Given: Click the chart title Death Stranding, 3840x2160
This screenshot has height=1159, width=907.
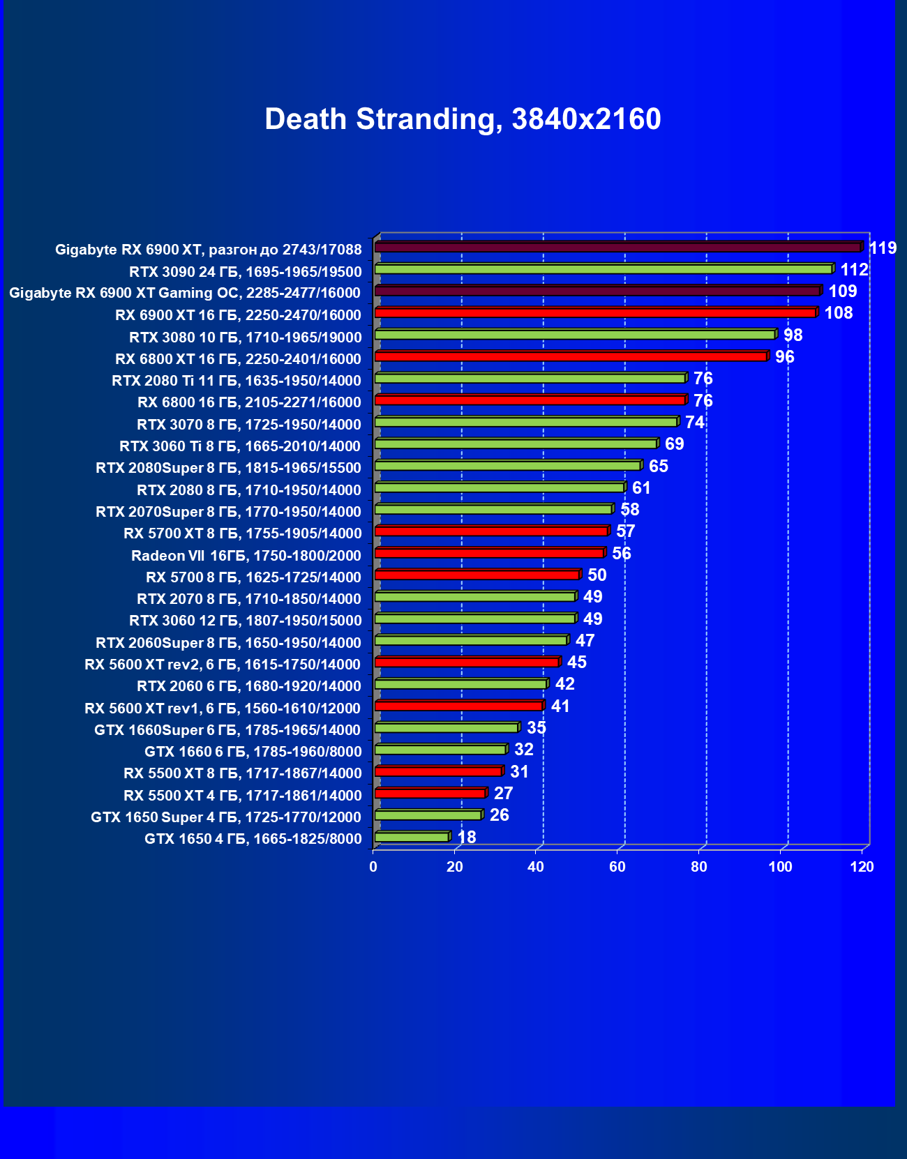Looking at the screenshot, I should coord(463,119).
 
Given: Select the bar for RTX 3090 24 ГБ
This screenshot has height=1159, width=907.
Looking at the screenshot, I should coord(604,269).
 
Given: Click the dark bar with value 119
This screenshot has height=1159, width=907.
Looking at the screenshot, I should coord(618,248).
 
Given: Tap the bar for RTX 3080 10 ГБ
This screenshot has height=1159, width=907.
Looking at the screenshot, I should coord(575,335).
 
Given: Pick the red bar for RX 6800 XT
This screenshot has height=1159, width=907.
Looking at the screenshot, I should coord(571,356).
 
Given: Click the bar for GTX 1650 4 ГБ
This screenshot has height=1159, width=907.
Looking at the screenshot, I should coord(412,837).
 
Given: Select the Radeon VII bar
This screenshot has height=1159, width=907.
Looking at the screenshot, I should coord(489,553).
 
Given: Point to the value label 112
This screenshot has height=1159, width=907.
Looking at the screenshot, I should coord(854,270).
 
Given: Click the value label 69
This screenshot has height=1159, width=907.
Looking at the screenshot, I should coord(674,444).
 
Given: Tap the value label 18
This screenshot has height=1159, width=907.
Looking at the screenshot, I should coord(466,837).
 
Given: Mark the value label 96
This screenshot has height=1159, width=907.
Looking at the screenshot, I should coord(784,357).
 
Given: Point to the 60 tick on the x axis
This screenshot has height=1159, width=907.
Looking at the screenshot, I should coord(617,867).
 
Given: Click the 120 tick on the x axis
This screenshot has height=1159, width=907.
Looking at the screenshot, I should coord(862,867).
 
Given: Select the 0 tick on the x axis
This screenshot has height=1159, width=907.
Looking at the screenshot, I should coord(373,867).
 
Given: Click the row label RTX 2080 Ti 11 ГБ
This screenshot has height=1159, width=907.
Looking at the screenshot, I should coord(237,381).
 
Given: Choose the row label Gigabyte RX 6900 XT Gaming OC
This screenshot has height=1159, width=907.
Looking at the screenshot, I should coord(185,293).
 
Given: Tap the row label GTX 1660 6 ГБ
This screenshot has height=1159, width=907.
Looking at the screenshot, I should coord(253,751).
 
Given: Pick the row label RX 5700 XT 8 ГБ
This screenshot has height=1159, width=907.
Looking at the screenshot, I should coord(242,533).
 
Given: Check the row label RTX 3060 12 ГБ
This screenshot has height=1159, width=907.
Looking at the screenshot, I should coord(245,621).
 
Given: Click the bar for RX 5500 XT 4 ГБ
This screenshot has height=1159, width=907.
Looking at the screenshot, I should coord(430,794).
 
